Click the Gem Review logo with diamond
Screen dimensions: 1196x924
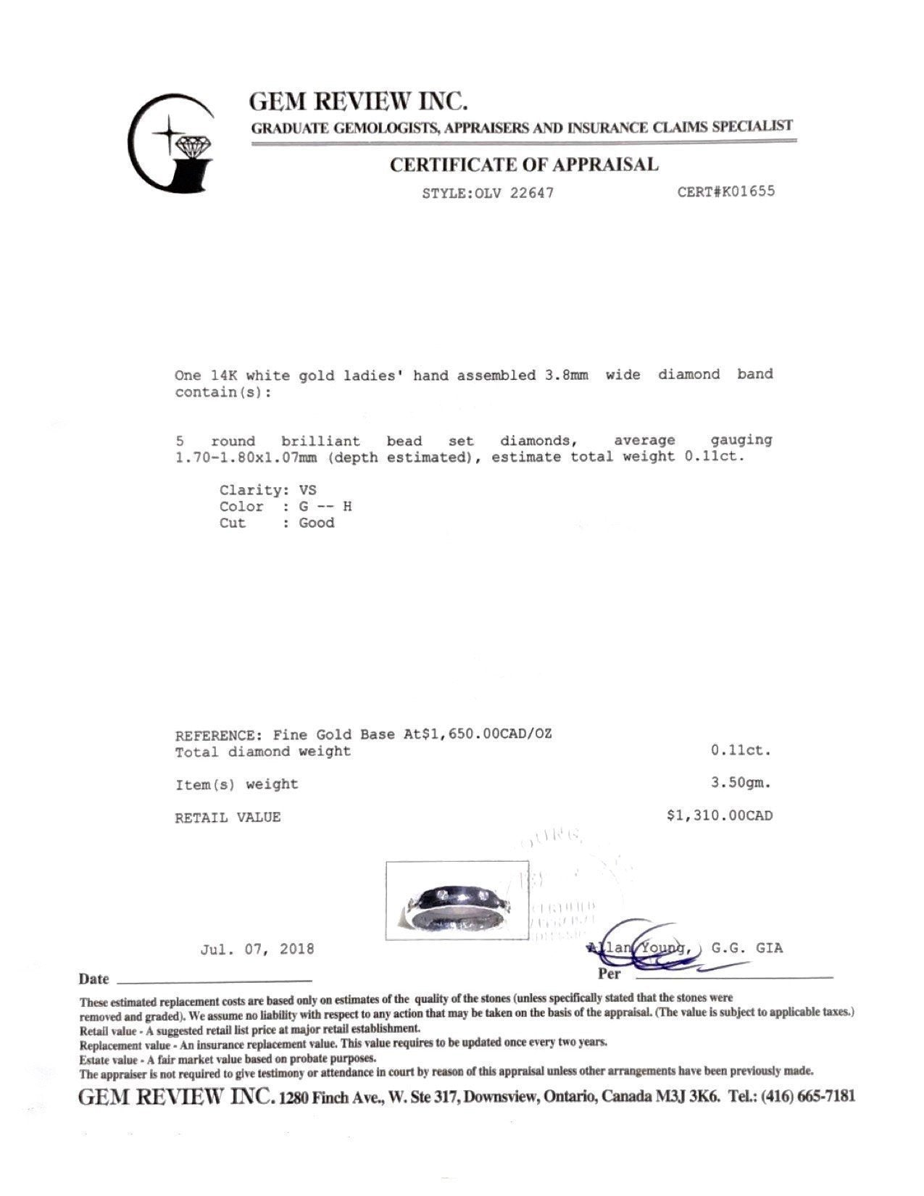click(x=172, y=144)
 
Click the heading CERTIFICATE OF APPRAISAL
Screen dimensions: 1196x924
click(x=524, y=165)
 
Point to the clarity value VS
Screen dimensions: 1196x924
click(x=307, y=490)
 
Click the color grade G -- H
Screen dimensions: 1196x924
click(x=325, y=507)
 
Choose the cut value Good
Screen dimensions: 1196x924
click(x=317, y=523)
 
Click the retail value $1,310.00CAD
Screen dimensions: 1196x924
click(x=719, y=816)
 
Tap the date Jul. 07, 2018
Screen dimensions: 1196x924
click(x=257, y=949)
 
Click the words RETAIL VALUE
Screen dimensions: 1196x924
click(x=228, y=818)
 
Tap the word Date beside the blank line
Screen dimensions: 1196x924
click(x=93, y=979)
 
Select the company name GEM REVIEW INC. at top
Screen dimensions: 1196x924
click(x=358, y=101)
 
